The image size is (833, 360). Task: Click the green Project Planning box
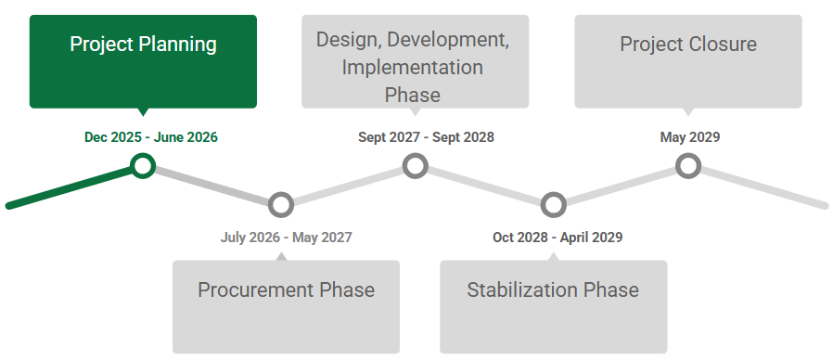[143, 61]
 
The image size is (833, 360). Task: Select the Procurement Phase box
[286, 306]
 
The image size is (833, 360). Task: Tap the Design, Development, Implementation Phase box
[415, 61]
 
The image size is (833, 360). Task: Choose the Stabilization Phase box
[553, 306]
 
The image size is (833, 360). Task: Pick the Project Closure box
[687, 61]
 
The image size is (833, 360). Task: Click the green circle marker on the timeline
[142, 166]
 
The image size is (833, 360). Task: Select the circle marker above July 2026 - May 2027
[280, 204]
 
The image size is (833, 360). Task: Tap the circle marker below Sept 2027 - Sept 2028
[416, 166]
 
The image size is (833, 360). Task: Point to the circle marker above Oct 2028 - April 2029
[553, 204]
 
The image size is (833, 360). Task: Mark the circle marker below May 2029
[687, 166]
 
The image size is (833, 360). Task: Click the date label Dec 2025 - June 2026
[151, 137]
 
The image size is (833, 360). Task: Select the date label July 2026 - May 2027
[286, 238]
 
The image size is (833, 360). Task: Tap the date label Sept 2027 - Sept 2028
[426, 137]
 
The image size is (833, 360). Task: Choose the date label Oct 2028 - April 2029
[557, 238]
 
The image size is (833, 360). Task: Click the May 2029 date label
[689, 137]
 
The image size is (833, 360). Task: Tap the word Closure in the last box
[723, 45]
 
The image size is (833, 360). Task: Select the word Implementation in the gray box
[412, 68]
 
